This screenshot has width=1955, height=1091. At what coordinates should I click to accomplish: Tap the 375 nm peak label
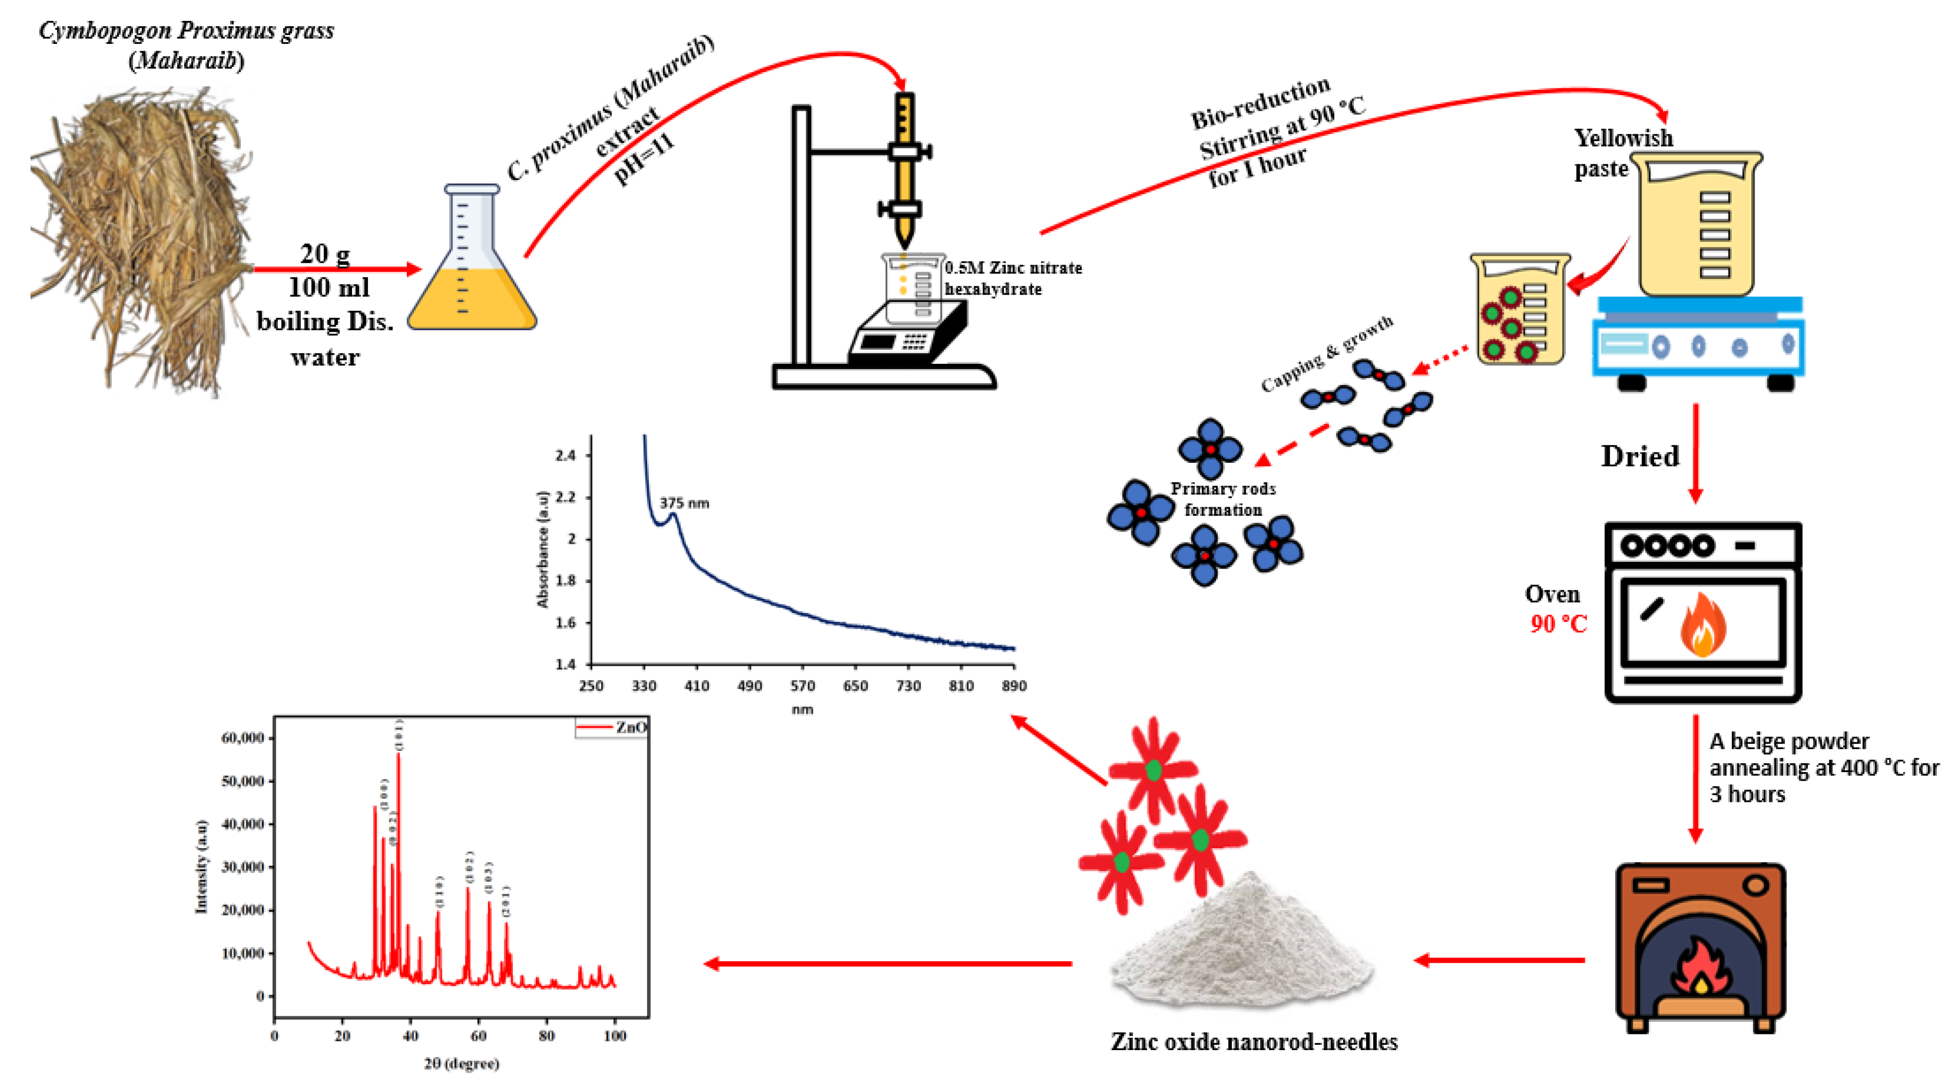684,503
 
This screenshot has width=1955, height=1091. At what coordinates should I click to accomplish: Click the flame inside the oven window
1703,625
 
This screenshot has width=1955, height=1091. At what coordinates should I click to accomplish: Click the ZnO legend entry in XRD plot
613,727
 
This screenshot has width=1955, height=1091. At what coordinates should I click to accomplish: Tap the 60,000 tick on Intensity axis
242,738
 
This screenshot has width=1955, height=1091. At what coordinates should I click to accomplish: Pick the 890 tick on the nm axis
1014,686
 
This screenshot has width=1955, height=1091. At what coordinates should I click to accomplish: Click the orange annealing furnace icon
1700,945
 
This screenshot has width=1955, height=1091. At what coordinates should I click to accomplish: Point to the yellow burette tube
904,167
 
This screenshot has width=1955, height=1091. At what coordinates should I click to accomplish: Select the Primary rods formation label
1223,499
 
